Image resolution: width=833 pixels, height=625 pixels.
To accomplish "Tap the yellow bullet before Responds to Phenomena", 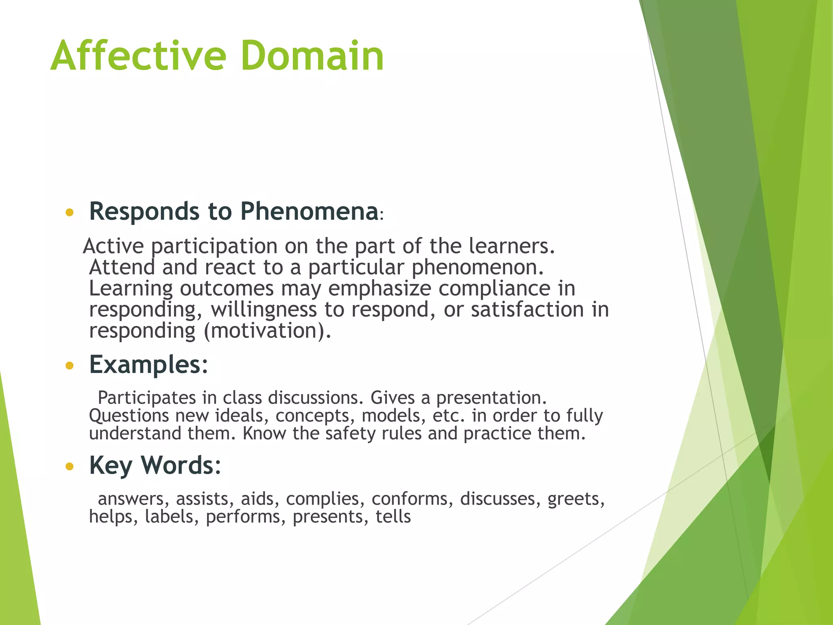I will [x=70, y=212].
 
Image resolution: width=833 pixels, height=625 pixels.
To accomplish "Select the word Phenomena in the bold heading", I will [x=309, y=212].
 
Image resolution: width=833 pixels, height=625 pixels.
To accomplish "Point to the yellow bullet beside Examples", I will [x=70, y=365].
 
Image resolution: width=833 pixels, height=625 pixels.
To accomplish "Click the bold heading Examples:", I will [x=148, y=365].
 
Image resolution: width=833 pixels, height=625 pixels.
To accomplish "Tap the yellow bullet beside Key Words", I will [x=70, y=466].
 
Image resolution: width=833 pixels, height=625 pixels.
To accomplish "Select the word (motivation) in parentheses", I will [x=267, y=330].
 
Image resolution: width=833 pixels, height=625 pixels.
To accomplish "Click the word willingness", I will [x=264, y=310].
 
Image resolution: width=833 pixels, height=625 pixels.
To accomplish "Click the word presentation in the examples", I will [x=491, y=398].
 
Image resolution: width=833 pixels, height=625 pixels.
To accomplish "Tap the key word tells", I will [x=393, y=517].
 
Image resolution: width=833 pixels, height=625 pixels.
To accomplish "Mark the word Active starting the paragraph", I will [x=113, y=246].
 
